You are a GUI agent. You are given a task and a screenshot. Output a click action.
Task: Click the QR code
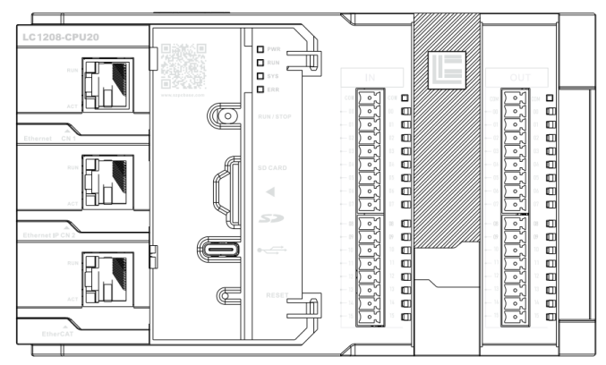click(x=182, y=64)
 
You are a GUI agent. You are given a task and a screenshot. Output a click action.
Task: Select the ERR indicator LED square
click(x=260, y=89)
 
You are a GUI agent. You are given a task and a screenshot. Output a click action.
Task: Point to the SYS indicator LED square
click(x=260, y=76)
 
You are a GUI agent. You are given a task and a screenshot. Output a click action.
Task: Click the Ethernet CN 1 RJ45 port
click(x=107, y=84)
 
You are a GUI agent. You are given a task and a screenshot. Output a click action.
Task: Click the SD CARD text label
click(x=271, y=167)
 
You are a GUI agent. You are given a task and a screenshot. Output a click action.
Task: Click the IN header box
click(x=371, y=79)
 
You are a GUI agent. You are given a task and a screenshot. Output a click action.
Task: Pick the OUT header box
click(x=519, y=79)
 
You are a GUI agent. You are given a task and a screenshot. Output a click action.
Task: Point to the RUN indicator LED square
click(x=260, y=63)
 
